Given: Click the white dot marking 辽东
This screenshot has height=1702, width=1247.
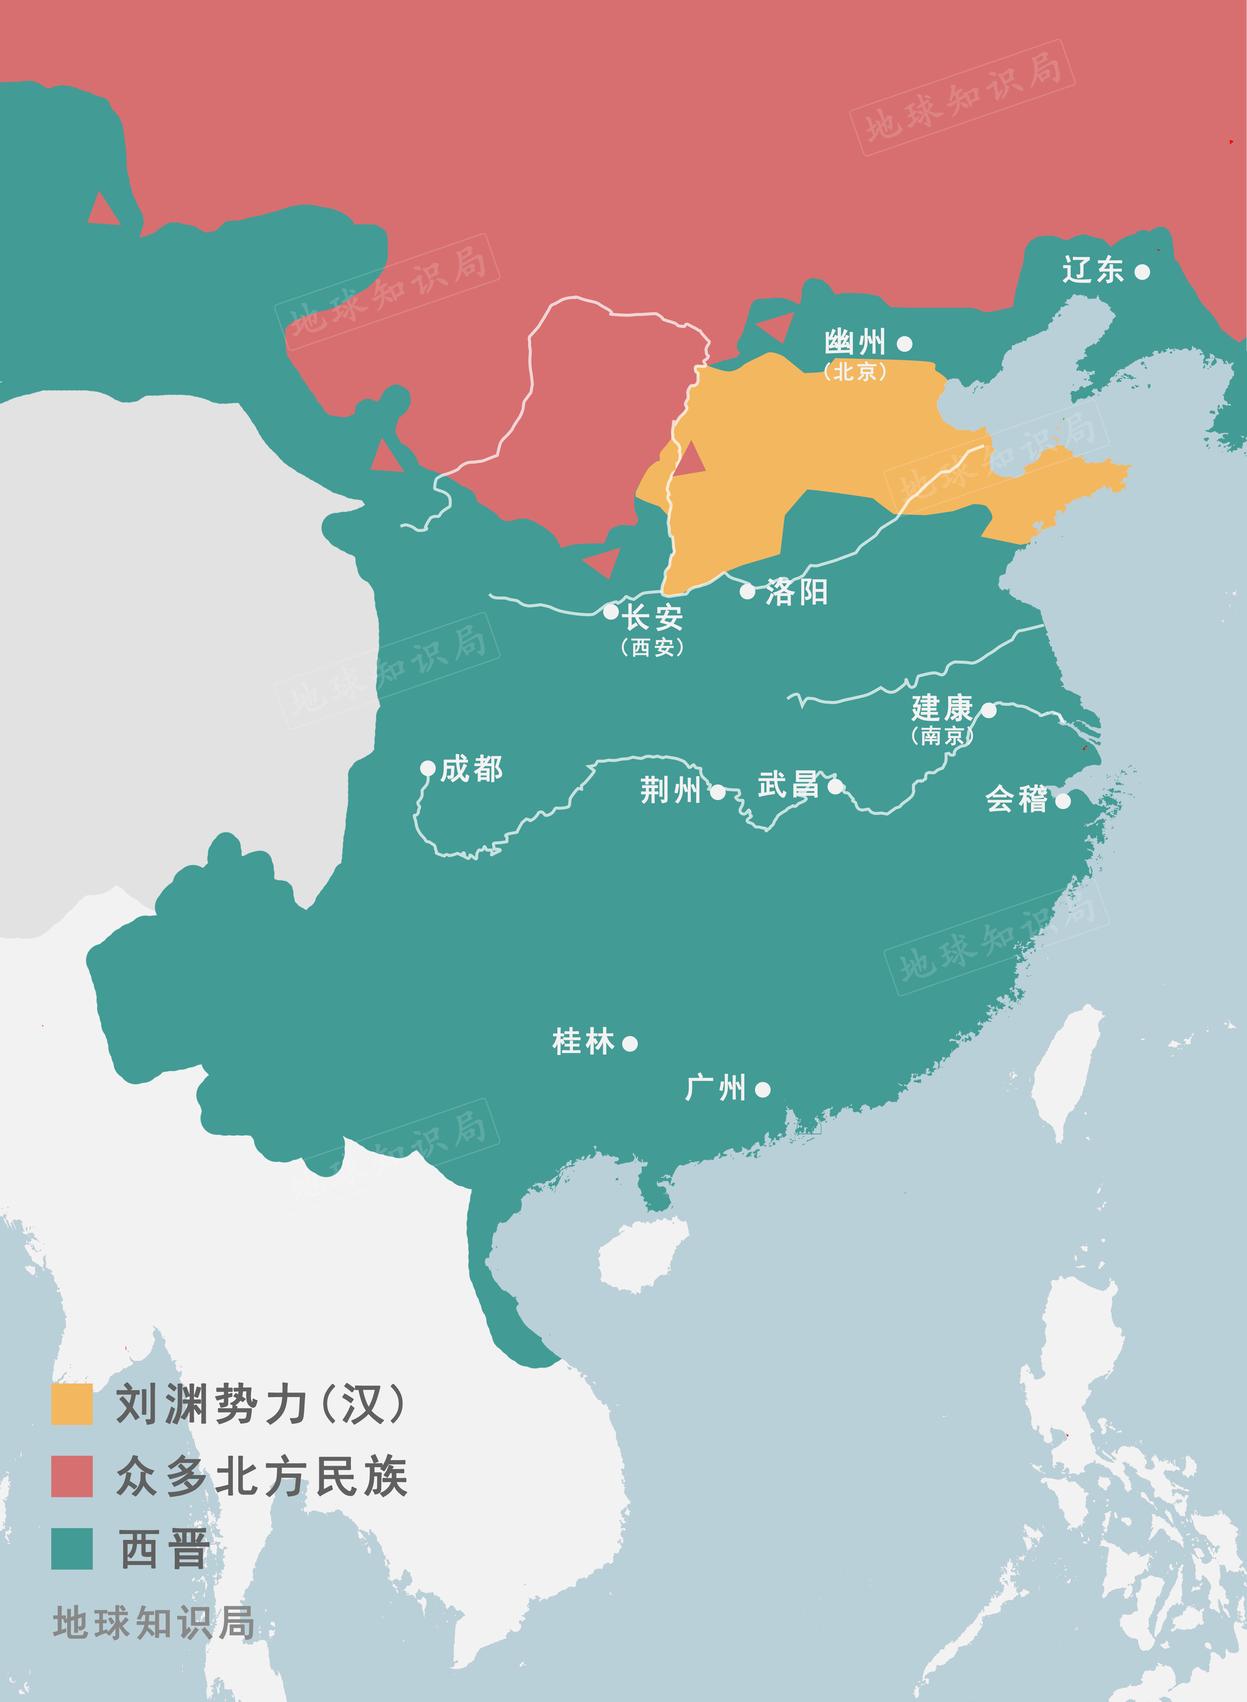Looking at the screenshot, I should (1142, 272).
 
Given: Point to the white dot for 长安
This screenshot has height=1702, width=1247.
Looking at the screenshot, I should (611, 611).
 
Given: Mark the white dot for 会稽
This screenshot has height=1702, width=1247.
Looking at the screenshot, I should (1063, 801).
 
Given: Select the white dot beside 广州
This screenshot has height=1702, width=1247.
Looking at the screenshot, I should (762, 1089).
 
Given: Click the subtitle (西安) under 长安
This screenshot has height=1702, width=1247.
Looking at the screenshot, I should (652, 648).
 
